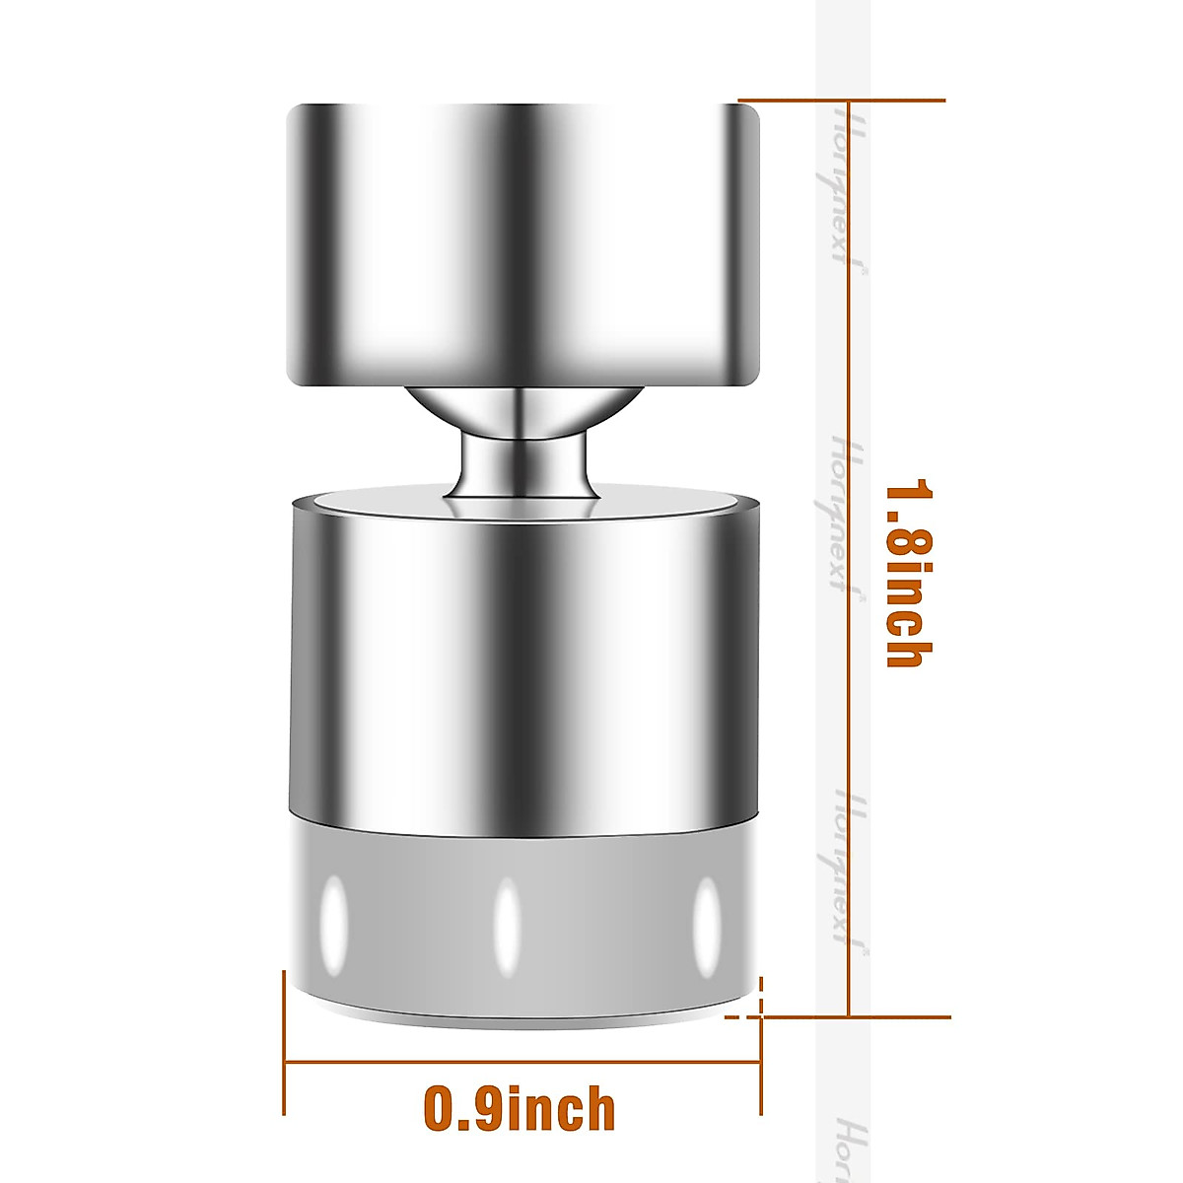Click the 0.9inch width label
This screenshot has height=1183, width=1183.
coord(520,1109)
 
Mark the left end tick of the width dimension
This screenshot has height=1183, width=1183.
coord(284,1045)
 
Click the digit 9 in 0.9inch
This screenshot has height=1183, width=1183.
coord(485,1109)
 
